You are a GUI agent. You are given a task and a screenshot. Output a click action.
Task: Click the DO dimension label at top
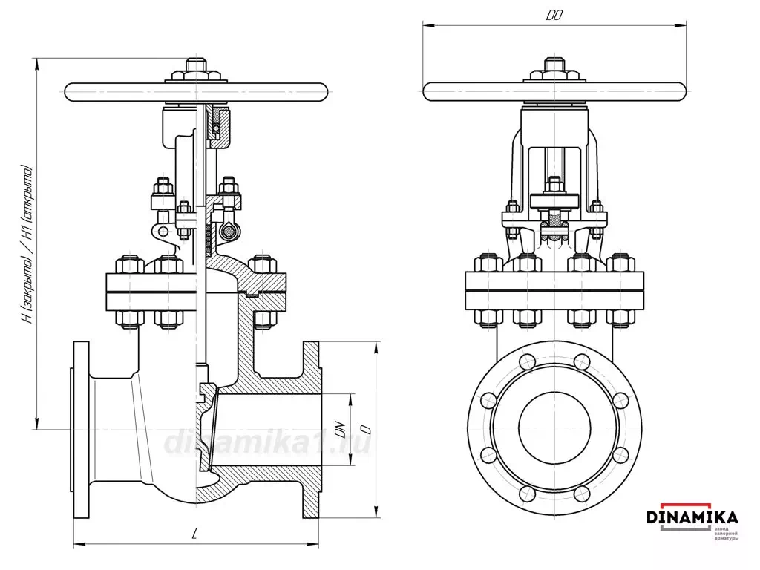click(554, 14)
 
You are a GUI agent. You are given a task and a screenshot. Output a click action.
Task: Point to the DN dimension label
click(341, 429)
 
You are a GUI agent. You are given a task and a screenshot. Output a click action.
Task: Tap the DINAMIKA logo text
click(692, 516)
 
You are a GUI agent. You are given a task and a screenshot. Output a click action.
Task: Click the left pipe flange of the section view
click(81, 429)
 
